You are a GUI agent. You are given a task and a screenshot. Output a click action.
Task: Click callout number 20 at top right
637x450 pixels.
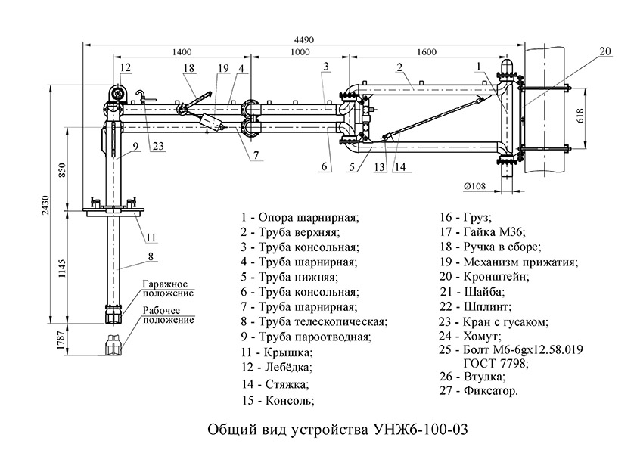(604, 51)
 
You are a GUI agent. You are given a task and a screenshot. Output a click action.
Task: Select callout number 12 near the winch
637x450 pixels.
(125, 67)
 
